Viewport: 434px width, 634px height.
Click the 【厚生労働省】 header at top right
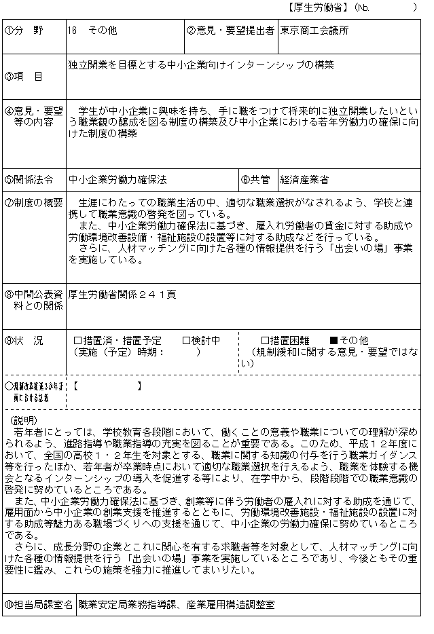[319, 7]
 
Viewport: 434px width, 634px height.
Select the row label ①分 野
[24, 31]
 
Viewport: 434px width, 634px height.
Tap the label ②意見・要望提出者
[231, 31]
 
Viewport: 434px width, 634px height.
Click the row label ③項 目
[24, 77]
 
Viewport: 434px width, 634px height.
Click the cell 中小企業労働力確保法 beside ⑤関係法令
[117, 180]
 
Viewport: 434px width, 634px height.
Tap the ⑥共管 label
[255, 180]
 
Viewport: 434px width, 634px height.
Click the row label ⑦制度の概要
[33, 203]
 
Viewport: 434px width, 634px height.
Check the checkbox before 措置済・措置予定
[77, 340]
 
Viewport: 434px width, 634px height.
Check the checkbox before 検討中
[186, 340]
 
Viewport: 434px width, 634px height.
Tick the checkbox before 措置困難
[266, 340]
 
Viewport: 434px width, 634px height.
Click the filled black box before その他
[333, 340]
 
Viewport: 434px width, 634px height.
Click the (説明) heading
[24, 421]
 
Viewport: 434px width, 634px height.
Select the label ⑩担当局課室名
[38, 604]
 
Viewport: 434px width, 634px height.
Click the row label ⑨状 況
[24, 340]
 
